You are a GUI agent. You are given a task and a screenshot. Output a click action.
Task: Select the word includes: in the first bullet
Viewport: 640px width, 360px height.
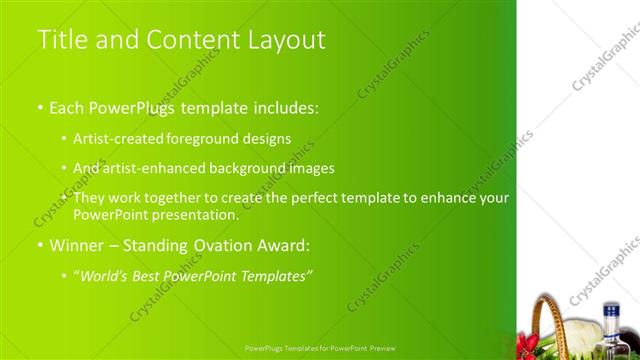point(282,106)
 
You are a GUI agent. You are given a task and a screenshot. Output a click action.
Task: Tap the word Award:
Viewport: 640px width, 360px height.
point(283,245)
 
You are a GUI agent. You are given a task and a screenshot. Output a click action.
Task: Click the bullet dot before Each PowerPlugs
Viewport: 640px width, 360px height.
point(40,107)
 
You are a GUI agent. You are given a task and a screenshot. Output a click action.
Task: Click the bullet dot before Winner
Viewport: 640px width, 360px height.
point(40,246)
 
